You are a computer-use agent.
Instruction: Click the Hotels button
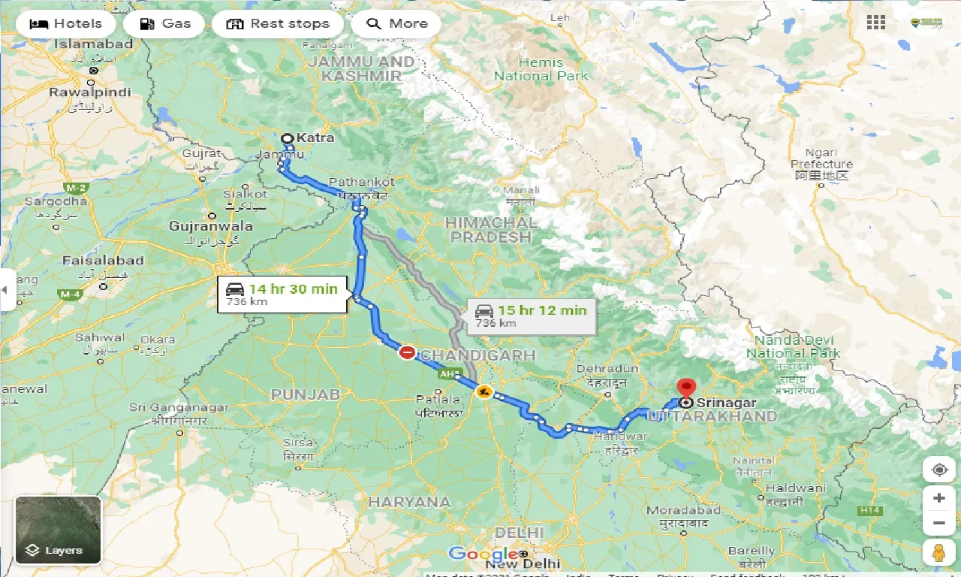65,24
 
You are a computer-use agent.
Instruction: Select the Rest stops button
278,24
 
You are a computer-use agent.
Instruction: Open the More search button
396,24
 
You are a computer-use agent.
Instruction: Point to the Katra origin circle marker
287,138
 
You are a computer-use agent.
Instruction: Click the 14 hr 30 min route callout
282,295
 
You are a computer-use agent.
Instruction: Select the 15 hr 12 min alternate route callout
532,316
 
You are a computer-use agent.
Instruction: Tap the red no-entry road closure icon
407,352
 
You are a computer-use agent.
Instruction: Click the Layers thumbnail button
58,530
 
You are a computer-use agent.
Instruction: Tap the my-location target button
938,470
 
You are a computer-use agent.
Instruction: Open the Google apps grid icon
875,23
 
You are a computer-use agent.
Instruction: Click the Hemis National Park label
541,69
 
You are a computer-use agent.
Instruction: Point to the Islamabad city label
93,44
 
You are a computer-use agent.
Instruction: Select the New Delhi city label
523,563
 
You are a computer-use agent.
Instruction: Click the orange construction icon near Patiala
484,391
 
